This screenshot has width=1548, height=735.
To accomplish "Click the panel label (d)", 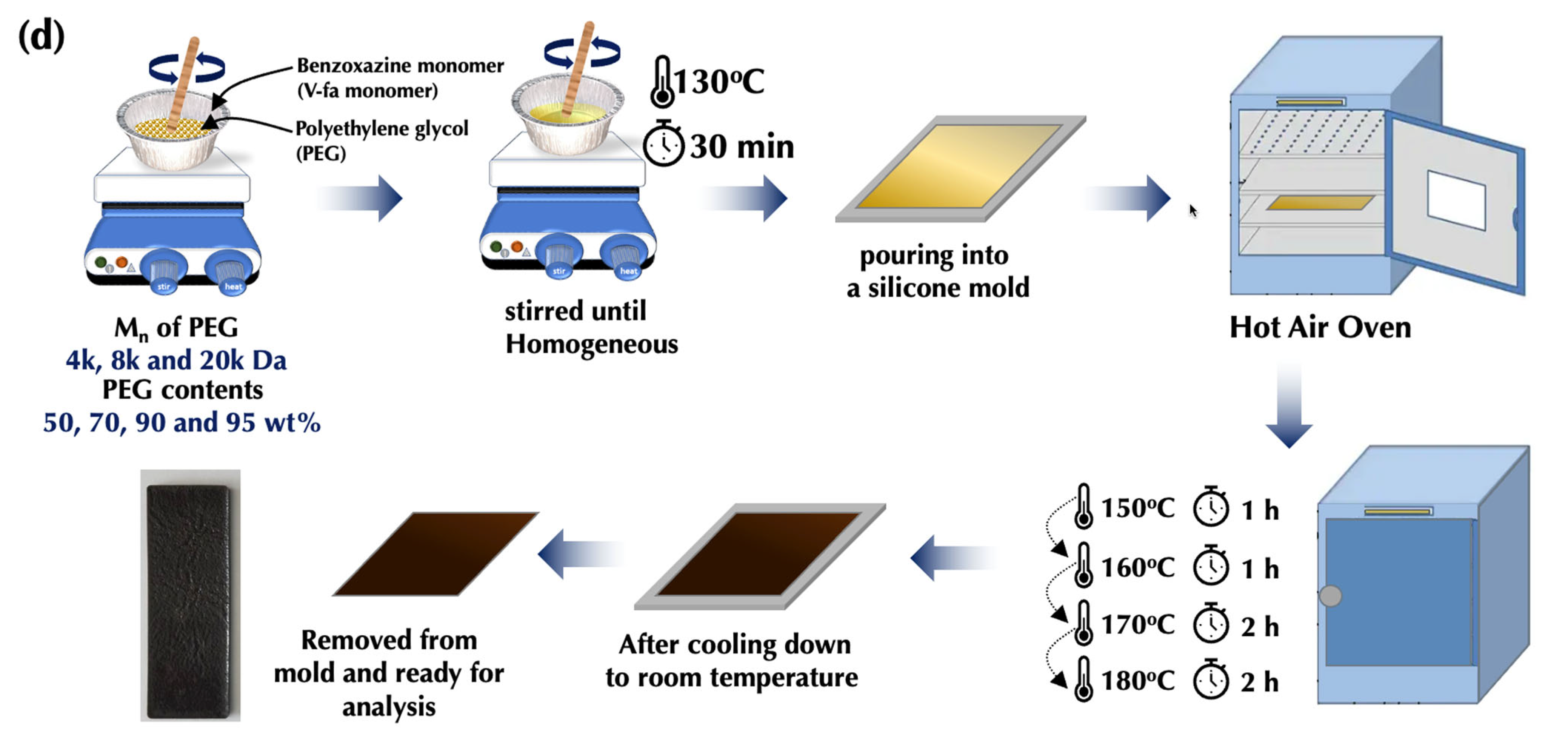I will click(x=41, y=36).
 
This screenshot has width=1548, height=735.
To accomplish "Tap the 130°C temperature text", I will click(x=718, y=82).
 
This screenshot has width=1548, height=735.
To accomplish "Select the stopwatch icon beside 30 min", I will click(x=663, y=144).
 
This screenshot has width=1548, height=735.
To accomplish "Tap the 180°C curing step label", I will click(x=1137, y=681).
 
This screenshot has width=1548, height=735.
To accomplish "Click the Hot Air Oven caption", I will click(x=1320, y=328).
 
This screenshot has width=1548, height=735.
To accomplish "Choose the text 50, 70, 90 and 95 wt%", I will click(x=182, y=422).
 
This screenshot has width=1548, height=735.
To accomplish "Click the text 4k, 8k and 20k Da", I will click(x=176, y=360).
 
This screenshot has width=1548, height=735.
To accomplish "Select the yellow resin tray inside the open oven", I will click(x=1320, y=203).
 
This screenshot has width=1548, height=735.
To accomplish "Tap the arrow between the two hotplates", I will click(x=360, y=198).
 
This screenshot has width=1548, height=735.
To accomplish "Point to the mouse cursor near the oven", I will click(x=1193, y=210).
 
